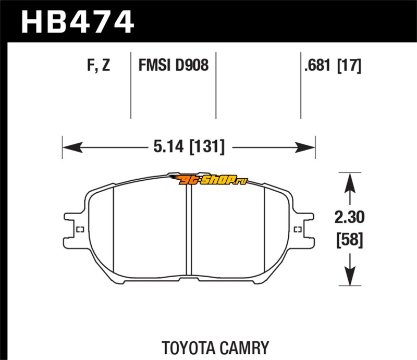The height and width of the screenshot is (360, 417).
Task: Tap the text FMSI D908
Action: pos(173,66)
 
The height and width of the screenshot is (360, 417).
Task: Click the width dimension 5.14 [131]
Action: pos(189,147)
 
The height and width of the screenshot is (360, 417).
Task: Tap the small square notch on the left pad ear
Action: pos(80,230)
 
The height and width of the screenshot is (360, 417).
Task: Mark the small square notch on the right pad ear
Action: pos(298,229)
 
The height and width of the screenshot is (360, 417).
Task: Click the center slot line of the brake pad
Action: pos(189,229)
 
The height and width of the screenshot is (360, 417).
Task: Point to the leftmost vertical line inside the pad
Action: pos(114,229)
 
